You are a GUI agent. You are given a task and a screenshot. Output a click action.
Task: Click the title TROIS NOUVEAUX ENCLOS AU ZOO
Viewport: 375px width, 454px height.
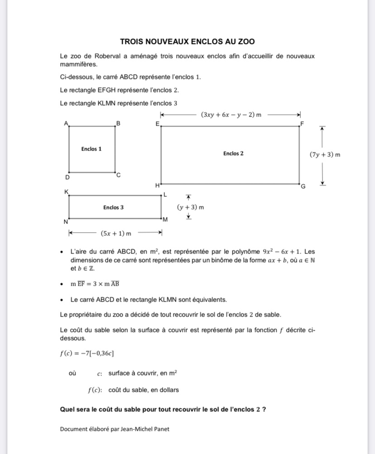point(187,42)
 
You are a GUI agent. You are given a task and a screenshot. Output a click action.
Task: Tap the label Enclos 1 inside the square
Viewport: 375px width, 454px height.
point(91,149)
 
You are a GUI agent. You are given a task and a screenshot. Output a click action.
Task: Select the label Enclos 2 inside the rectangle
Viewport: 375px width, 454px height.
point(233,154)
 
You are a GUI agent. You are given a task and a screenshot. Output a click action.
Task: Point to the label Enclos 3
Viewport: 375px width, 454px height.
point(113,207)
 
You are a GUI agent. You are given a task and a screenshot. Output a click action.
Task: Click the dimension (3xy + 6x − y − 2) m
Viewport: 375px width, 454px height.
point(231,115)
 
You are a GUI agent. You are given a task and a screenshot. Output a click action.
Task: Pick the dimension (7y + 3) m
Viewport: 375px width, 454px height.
point(325,155)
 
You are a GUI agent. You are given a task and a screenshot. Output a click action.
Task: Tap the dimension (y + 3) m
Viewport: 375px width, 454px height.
point(190,207)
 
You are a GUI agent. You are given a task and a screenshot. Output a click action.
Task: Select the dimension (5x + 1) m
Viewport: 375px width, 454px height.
point(116,233)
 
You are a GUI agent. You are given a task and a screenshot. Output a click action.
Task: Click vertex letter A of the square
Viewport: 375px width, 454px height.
point(66,123)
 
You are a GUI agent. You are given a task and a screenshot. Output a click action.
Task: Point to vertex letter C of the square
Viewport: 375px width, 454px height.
point(119,175)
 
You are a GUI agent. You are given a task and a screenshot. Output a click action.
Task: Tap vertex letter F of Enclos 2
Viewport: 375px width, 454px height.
point(303,123)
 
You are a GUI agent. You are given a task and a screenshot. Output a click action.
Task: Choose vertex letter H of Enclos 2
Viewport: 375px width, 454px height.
point(158,185)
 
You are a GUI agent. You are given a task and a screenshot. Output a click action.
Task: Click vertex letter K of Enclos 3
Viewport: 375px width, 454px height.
point(66,192)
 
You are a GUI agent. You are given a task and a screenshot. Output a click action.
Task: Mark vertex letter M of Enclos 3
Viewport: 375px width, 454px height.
point(165,220)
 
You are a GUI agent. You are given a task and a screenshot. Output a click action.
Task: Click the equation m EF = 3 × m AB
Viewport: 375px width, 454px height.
point(95,284)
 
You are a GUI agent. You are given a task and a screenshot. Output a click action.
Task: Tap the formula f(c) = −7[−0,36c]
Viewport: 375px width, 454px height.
point(84,353)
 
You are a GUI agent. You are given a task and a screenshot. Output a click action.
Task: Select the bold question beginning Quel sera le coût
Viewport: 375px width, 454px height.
point(163,409)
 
